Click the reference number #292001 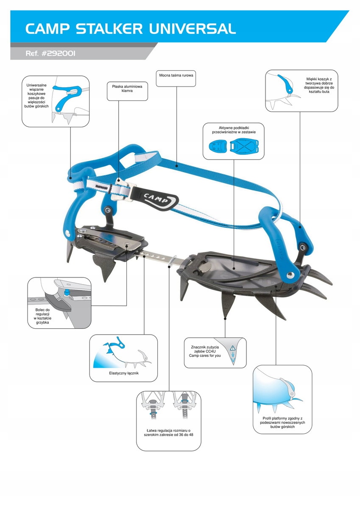(x=58, y=54)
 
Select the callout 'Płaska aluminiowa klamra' (x=127, y=88)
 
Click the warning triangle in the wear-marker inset (x=232, y=348)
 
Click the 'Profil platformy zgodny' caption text (x=282, y=422)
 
